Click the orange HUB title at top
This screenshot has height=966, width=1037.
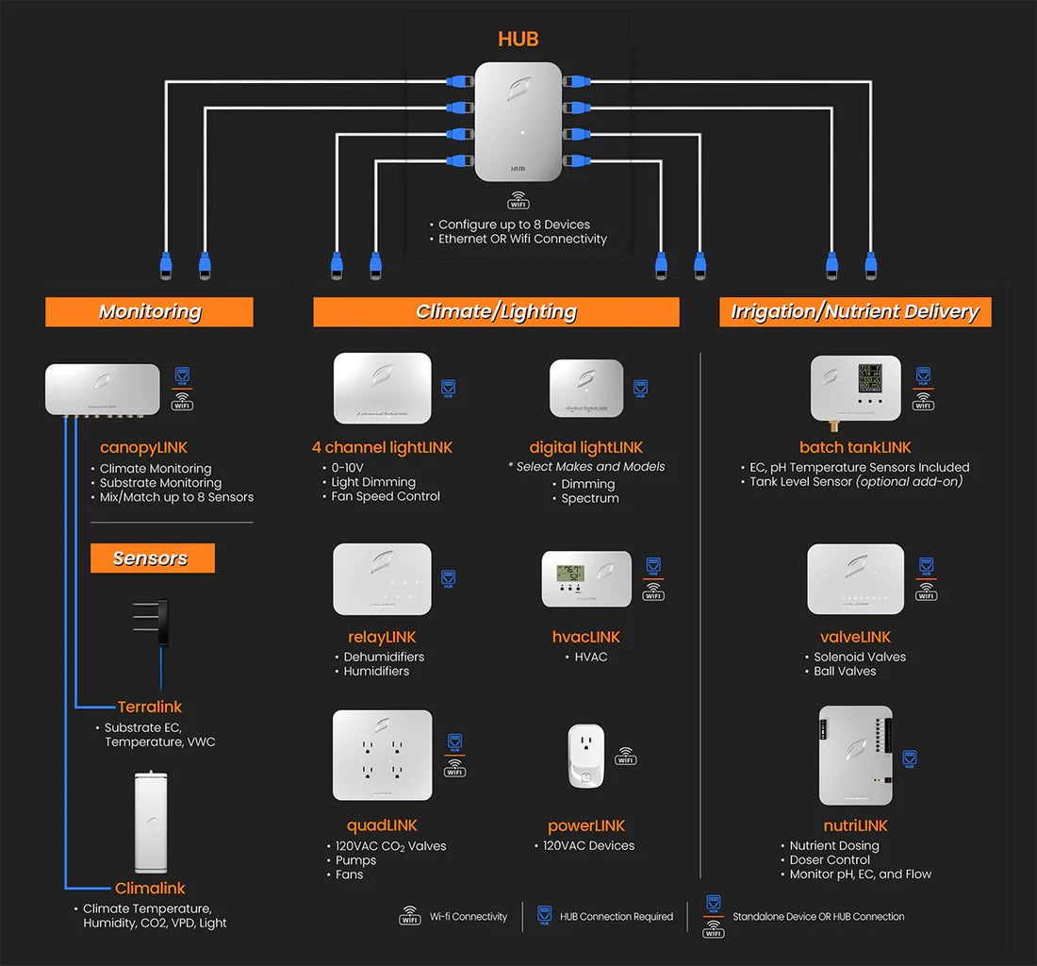coord(518,40)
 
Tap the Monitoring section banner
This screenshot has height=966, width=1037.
coord(149,312)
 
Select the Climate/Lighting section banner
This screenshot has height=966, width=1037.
coord(496,312)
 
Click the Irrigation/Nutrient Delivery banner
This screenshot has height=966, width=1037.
coord(855,312)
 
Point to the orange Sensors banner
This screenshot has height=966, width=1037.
coord(152,558)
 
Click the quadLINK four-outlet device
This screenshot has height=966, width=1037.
coord(382,756)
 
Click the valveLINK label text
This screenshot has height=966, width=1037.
coord(855,638)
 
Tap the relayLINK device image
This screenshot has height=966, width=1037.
coord(382,579)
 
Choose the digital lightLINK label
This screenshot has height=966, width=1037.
coord(585,447)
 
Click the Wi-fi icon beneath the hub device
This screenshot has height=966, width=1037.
coord(518,200)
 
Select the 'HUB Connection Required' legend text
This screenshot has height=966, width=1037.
coord(617,917)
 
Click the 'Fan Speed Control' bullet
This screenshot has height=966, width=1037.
coord(385,496)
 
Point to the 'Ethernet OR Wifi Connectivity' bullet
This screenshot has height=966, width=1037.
coord(522,240)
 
